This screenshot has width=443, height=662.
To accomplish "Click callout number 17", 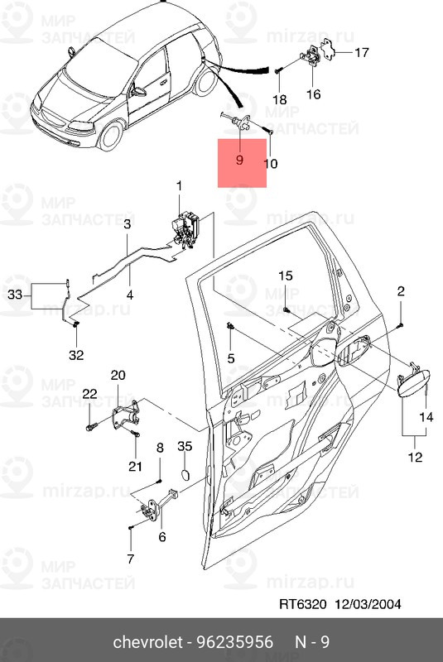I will [x=362, y=54].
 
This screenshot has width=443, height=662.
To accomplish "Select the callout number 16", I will [x=314, y=94].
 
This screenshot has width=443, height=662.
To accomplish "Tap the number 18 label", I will [x=280, y=99].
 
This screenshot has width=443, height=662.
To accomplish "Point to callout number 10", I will [x=271, y=164].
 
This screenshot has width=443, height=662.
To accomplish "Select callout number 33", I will [x=15, y=294].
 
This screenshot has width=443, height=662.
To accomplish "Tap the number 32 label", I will [x=76, y=356].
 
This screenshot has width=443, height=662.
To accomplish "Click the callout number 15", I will [x=285, y=276].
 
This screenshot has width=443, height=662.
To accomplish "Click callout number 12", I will [x=414, y=456].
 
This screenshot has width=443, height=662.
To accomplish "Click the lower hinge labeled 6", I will [x=154, y=512].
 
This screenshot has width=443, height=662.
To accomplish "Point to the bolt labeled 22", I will [x=89, y=428].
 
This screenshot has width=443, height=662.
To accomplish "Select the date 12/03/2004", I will [x=368, y=604].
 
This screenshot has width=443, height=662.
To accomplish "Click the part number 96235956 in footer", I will [x=246, y=641].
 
